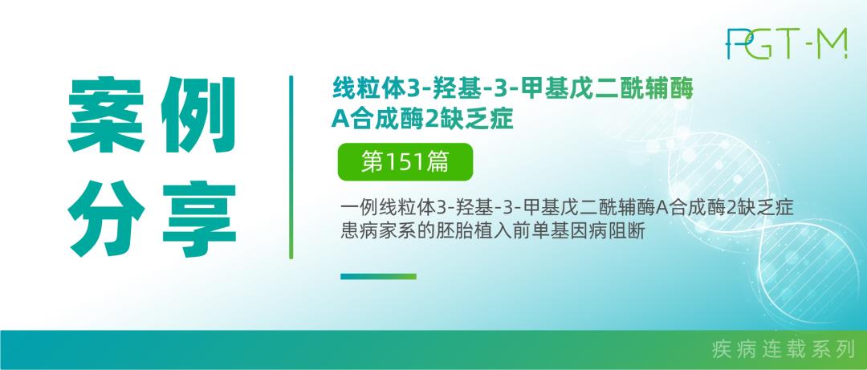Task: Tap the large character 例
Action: (x=198, y=115)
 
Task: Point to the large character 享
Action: (x=199, y=218)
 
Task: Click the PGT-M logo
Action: (x=786, y=43)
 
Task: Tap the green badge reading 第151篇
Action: (x=405, y=162)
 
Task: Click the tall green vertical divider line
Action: (x=291, y=167)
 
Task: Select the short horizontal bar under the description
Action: (x=378, y=277)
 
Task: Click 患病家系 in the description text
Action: (x=371, y=231)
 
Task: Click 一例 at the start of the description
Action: (x=356, y=209)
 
